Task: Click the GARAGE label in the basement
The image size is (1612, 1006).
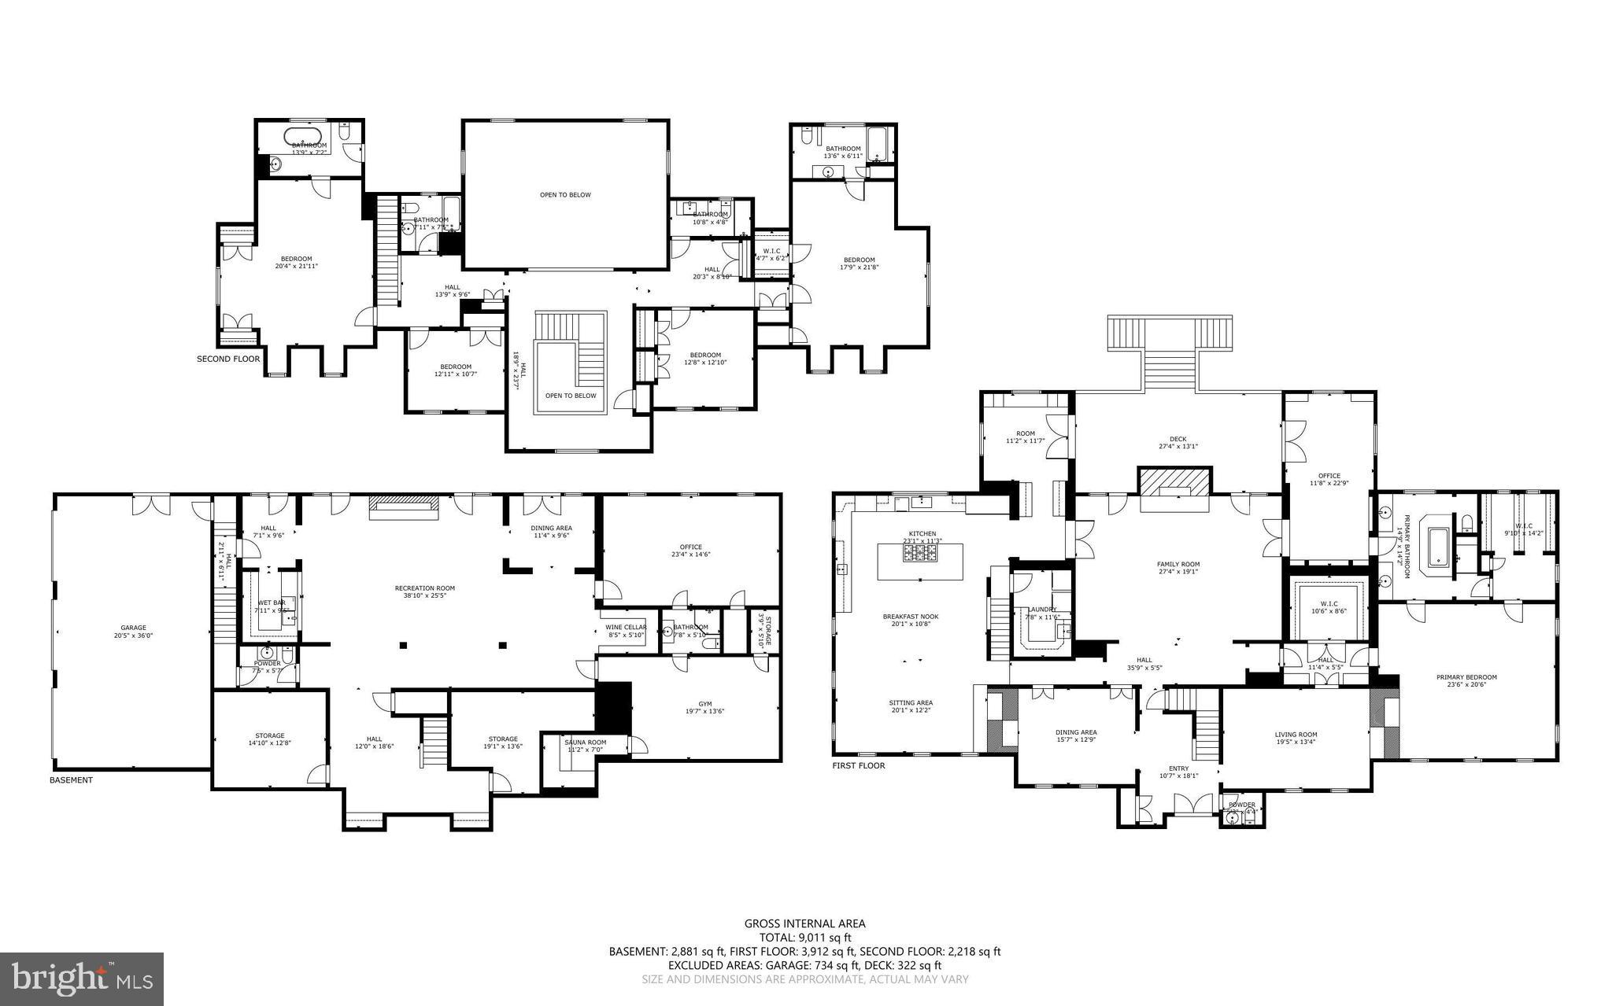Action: point(133,627)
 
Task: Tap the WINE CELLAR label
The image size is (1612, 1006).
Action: point(626,627)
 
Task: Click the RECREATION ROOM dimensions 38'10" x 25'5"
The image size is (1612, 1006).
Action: point(424,595)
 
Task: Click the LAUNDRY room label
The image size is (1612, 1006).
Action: point(1041,610)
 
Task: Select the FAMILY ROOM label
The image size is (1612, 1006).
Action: point(1178,564)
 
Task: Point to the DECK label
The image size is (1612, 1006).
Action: point(1178,439)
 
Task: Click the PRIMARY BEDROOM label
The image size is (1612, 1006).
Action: point(1466,677)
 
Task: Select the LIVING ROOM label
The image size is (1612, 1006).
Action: point(1296,735)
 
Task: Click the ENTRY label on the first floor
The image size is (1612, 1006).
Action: point(1178,768)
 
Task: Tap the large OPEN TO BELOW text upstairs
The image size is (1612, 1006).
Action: point(564,194)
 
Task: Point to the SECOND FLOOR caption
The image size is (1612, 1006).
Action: point(227,359)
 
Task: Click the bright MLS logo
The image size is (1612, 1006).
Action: point(82,978)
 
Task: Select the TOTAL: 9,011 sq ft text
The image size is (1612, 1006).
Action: point(804,938)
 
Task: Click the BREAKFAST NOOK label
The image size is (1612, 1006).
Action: point(910,617)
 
